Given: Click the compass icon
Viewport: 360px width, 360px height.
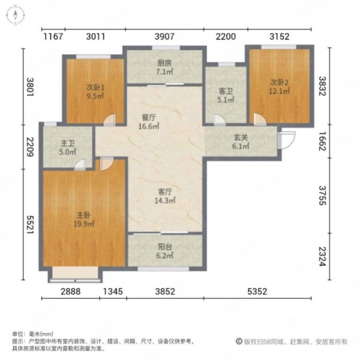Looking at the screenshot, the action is coord(15,15).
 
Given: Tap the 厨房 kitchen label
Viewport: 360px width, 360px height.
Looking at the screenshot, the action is coord(164,63).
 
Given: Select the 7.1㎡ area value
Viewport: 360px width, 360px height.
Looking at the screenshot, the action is coord(164,71).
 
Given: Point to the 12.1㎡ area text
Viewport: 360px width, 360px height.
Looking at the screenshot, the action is coord(279,91).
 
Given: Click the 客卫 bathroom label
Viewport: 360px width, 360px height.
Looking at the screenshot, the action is coord(225,91).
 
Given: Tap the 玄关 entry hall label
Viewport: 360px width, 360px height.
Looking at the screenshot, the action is coord(241,137).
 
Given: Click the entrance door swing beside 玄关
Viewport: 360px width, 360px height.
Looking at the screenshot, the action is coord(287,140).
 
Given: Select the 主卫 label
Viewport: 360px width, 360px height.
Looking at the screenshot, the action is coord(67,143).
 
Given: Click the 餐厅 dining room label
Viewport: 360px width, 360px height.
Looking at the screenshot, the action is coord(148,118).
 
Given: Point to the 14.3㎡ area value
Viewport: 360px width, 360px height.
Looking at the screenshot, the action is coord(165,200).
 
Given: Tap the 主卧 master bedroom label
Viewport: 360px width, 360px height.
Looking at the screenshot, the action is coord(83,215).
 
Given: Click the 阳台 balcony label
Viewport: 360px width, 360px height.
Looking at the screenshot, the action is coord(165,247).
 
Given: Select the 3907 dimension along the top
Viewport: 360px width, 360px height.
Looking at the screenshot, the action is coord(164,36).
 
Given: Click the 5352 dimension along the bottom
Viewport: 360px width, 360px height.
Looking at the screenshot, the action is coord(257,291).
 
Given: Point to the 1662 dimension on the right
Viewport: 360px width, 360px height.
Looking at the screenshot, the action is coord(322,141).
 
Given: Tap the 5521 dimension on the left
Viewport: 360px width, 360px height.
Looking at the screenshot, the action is coord(30,224).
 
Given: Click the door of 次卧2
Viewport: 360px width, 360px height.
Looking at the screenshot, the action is coord(259,119).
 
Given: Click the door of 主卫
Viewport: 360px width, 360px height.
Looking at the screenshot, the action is coord(80,164).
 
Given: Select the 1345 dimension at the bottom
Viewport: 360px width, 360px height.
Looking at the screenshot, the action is coord(113,291).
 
